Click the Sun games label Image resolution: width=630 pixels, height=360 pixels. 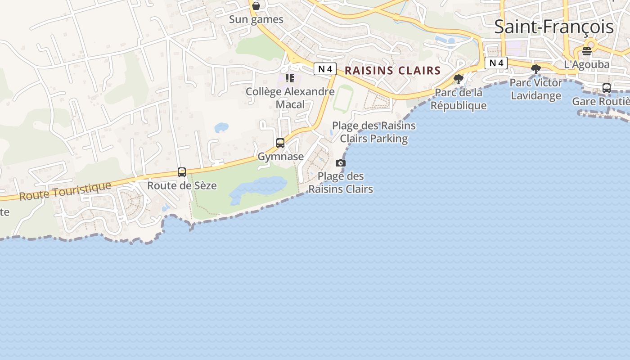(x=256, y=19)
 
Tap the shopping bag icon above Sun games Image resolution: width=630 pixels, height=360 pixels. (x=256, y=6)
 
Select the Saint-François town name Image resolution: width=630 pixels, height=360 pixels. (x=553, y=27)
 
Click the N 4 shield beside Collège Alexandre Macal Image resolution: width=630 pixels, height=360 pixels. (x=325, y=69)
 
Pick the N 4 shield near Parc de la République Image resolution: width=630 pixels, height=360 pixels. (x=496, y=63)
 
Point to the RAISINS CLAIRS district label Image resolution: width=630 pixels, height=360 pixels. (x=392, y=71)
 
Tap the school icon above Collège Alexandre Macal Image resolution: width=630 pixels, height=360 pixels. (x=290, y=78)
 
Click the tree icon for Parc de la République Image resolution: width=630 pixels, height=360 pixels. (x=459, y=80)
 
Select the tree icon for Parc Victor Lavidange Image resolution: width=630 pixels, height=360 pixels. (x=535, y=69)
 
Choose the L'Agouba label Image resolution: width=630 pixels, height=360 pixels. (x=586, y=65)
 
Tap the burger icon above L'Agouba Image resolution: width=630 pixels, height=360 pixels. (x=586, y=51)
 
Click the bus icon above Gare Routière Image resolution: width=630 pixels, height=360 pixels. (x=607, y=88)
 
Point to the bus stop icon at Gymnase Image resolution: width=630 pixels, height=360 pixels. (x=280, y=143)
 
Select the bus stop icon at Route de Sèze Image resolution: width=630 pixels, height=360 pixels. (x=182, y=172)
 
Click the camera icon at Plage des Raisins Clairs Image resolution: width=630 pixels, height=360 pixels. (x=341, y=163)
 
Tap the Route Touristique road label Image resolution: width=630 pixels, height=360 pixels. (x=65, y=190)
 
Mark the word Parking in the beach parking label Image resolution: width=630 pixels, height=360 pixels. (x=388, y=139)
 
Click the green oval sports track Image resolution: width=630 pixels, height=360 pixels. (x=343, y=98)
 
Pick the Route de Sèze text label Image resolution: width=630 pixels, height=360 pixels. (x=182, y=185)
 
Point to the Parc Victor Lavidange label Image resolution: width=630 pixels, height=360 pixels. (x=535, y=89)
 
